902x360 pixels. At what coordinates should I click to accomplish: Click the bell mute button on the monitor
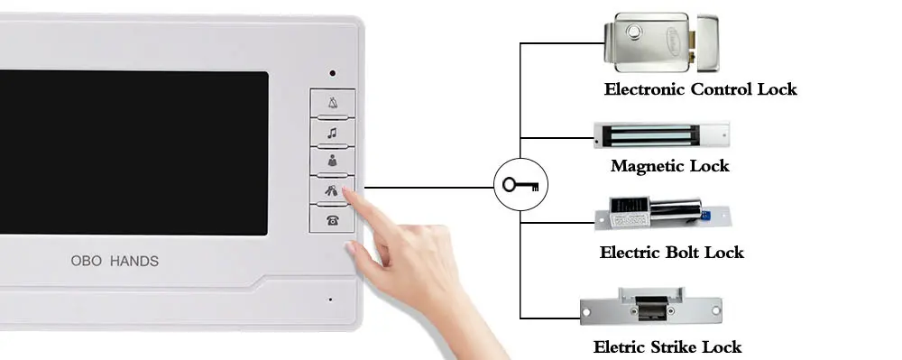pos(333,104)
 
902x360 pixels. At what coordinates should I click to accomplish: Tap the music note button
pos(333,133)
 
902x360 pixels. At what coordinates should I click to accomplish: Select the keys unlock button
pos(333,190)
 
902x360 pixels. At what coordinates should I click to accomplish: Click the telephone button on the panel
pos(333,219)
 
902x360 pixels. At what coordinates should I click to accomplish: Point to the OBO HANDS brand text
pos(115,261)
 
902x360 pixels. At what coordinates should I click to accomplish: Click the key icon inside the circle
pos(520,185)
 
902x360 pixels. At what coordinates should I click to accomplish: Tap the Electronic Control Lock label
pos(700,89)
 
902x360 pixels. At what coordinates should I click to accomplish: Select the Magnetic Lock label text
pos(669,166)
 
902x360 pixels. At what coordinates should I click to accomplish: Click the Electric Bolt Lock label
pos(671,253)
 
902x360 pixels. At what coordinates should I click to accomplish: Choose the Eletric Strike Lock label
pos(667,347)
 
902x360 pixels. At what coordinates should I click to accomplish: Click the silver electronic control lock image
pos(661,42)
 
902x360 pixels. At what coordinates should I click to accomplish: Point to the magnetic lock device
pos(661,135)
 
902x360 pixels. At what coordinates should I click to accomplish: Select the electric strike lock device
pos(651,306)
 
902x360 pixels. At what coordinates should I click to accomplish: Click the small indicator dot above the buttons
pos(333,73)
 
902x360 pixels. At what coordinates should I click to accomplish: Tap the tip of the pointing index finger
pos(346,191)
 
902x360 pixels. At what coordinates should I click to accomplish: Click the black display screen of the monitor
pos(133,152)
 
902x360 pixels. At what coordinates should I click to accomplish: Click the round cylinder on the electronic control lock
pos(634,30)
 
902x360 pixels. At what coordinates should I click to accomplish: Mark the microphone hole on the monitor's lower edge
pos(330,299)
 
